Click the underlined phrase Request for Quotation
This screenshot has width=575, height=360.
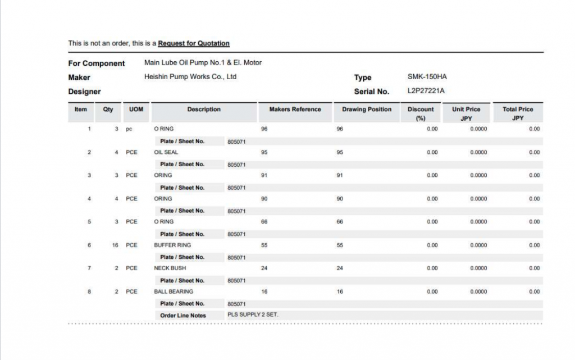(x=194, y=43)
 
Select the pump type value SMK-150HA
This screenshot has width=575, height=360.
(x=427, y=77)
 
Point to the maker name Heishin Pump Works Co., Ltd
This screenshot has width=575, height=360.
(x=190, y=77)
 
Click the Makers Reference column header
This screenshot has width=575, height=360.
(x=295, y=110)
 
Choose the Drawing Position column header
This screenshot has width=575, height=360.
(x=367, y=110)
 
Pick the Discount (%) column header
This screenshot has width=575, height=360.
(x=421, y=113)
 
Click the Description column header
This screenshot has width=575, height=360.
(x=204, y=110)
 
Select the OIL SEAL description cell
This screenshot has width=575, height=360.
(x=166, y=152)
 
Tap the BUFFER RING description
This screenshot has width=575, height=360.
(x=172, y=245)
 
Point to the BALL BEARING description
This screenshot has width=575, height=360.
(x=174, y=291)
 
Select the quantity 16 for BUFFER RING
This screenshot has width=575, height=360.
(x=115, y=245)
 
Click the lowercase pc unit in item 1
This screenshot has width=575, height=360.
(x=129, y=129)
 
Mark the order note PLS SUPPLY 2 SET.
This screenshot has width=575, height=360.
(x=253, y=315)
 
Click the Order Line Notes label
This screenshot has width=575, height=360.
(x=183, y=316)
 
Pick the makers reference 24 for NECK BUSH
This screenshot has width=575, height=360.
(x=264, y=268)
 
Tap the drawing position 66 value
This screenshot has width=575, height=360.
(x=340, y=222)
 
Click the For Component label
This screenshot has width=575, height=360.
(x=97, y=63)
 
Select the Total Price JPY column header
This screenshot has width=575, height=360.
(x=518, y=113)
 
